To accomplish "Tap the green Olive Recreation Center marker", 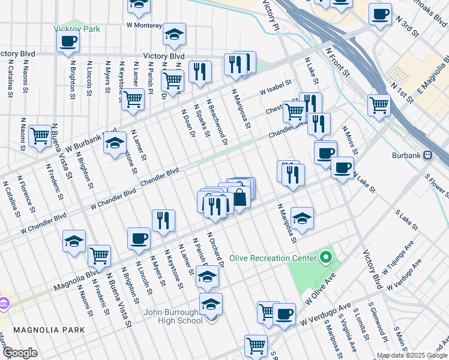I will pyautogui.click(x=326, y=258).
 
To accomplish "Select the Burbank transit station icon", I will pyautogui.click(x=427, y=154).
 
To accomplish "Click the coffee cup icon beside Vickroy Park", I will pyautogui.click(x=67, y=41).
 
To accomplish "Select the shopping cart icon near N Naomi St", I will pyautogui.click(x=40, y=136).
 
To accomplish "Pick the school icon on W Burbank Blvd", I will pyautogui.click(x=115, y=143).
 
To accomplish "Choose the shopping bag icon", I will pyautogui.click(x=240, y=197).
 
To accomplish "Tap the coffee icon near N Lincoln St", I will pyautogui.click(x=139, y=238).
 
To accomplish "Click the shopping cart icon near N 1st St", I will pyautogui.click(x=379, y=104).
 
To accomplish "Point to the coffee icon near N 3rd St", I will pyautogui.click(x=379, y=14).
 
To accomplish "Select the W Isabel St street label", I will pyautogui.click(x=275, y=88).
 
